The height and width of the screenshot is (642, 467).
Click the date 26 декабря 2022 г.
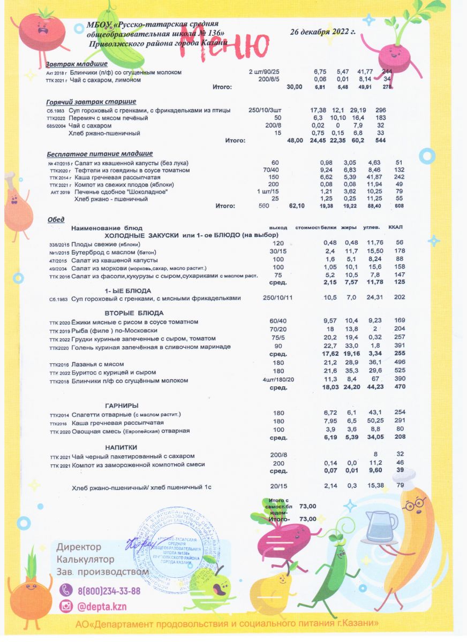[x=322, y=32]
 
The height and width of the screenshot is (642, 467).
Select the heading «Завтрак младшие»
[x=77, y=64]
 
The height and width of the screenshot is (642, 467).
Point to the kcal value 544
[x=381, y=141]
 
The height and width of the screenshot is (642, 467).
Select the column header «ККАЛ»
[x=396, y=227]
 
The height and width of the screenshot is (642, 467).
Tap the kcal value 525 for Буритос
[x=399, y=373]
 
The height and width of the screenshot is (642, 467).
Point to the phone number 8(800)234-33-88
[x=109, y=591]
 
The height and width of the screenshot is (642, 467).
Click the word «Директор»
[x=79, y=547]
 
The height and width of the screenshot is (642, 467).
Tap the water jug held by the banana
[x=381, y=528]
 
